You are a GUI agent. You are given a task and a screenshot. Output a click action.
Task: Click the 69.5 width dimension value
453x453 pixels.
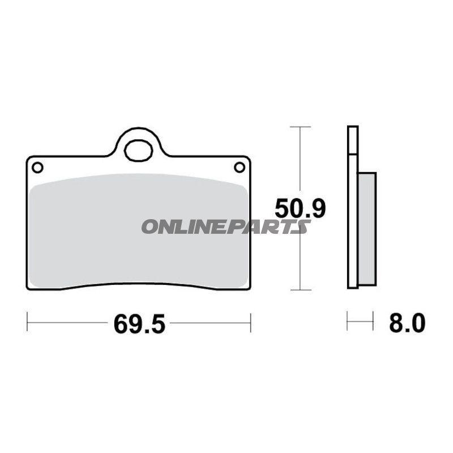pyautogui.click(x=139, y=324)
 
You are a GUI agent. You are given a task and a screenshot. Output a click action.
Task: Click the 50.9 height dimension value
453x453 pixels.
pyautogui.click(x=300, y=209)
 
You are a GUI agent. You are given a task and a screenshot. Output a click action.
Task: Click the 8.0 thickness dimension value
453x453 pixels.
pyautogui.click(x=407, y=324)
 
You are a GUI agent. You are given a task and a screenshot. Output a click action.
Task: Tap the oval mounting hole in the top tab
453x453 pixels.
pyautogui.click(x=138, y=150)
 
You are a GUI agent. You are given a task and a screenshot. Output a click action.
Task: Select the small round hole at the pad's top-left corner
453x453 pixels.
pyautogui.click(x=37, y=168)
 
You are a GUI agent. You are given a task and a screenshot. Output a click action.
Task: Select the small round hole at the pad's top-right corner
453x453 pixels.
pyautogui.click(x=240, y=167)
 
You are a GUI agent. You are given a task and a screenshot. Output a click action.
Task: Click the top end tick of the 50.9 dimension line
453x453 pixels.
pyautogui.click(x=300, y=127)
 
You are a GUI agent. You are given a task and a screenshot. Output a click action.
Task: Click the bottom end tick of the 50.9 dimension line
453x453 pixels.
pyautogui.click(x=300, y=289)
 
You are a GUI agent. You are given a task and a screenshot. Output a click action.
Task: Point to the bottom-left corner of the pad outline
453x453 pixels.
pyautogui.click(x=28, y=288)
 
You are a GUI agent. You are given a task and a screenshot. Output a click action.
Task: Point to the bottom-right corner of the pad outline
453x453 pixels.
pyautogui.click(x=249, y=288)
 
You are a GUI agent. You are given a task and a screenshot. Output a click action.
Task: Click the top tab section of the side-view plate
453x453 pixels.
pyautogui.click(x=352, y=139)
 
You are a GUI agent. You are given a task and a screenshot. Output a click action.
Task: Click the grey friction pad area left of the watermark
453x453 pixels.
pyautogui.click(x=85, y=226)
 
